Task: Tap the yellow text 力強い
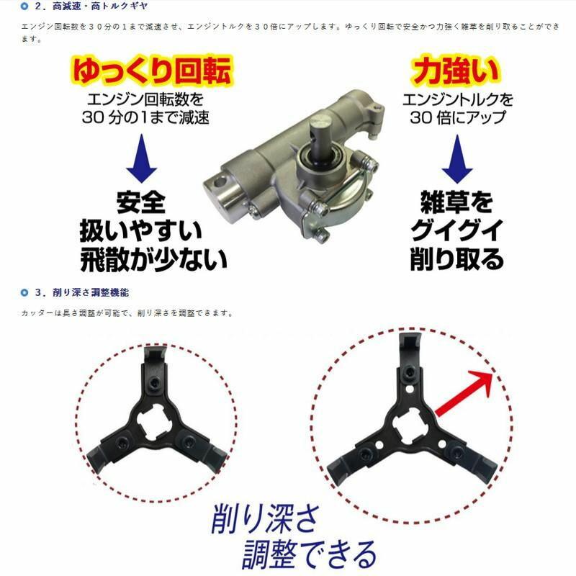447,72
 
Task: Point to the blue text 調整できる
310,554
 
